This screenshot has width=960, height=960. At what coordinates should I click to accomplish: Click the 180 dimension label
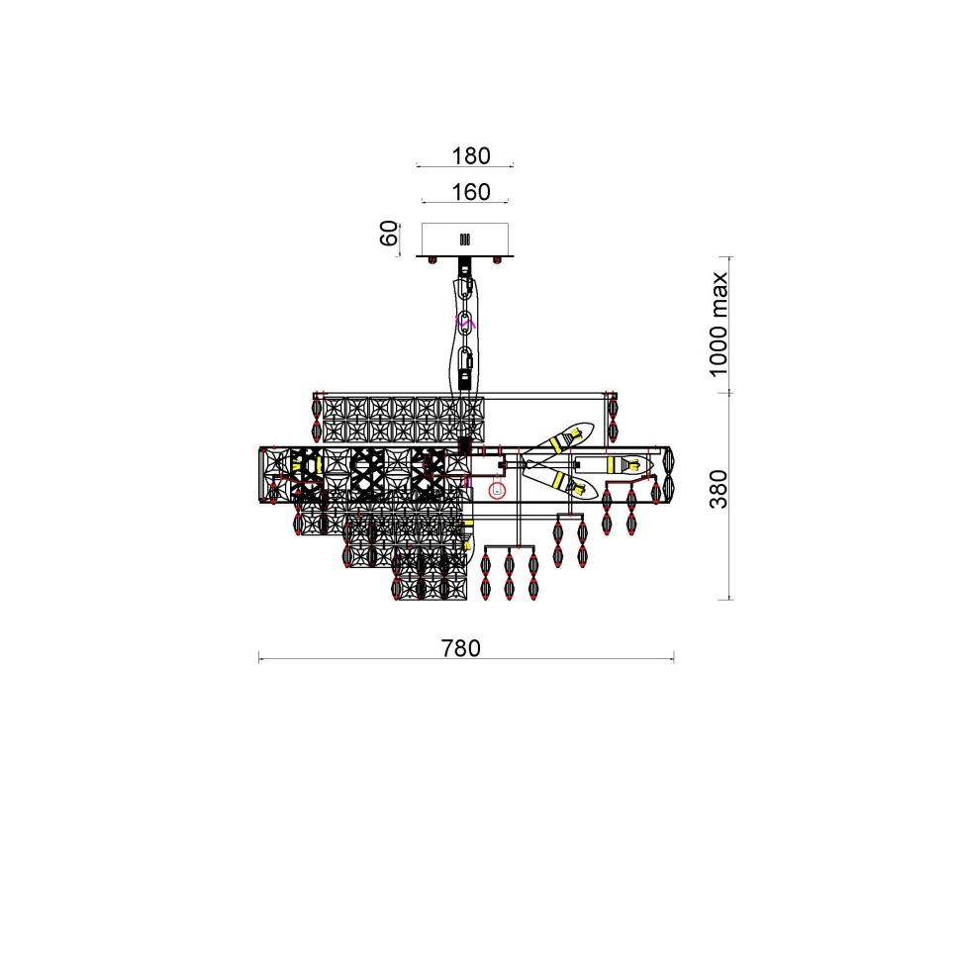[471, 156]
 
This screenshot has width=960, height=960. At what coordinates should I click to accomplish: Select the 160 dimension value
[471, 192]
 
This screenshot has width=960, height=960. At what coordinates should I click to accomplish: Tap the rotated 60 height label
[389, 234]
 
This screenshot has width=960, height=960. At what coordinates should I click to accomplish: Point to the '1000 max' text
[718, 325]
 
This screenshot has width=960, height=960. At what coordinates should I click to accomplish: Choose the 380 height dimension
[719, 489]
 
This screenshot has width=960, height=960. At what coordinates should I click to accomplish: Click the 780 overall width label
[461, 648]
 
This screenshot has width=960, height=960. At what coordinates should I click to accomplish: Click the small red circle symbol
[497, 490]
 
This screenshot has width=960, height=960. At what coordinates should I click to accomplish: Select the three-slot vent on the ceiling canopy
[465, 240]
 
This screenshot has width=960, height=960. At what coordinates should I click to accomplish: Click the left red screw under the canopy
[432, 261]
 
